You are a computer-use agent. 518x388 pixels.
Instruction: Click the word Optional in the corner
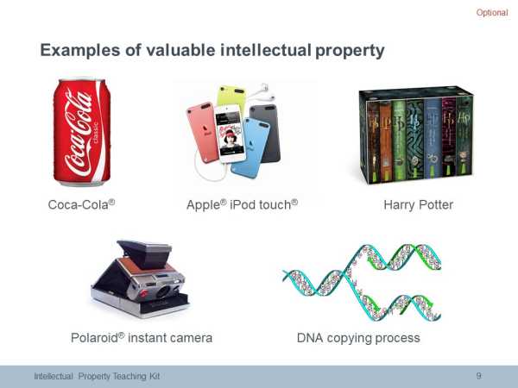coord(492,13)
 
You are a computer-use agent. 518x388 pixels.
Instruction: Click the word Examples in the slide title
coord(80,51)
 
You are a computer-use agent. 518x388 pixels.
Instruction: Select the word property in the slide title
coord(350,51)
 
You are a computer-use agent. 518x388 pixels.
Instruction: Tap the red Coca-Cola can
coord(82,132)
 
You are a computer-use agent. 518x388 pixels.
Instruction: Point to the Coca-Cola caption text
coord(82,204)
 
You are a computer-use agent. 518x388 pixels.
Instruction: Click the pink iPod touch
coord(202,132)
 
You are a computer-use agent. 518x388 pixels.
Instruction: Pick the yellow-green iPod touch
coord(231,97)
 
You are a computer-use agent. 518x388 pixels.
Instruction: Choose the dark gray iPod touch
coord(267,132)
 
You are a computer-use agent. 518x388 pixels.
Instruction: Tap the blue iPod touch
coord(251,147)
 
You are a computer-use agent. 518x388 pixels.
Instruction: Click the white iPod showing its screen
coord(230,134)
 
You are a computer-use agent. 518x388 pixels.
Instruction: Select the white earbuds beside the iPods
coord(263,91)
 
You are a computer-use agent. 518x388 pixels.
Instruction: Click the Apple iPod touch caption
coord(242,205)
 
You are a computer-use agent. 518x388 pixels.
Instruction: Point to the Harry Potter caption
coord(418,205)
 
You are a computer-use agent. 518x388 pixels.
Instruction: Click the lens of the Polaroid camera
coord(164,291)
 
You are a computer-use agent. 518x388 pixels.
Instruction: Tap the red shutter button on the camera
coord(143,292)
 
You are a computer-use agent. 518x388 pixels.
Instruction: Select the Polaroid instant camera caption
coord(142,338)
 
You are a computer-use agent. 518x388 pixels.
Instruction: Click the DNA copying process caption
coord(358,338)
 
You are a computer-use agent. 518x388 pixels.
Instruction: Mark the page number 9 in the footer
coord(478,376)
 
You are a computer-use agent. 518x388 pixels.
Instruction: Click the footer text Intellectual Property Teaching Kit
coord(97,376)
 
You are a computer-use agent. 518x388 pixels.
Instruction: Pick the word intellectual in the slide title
coord(266,51)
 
